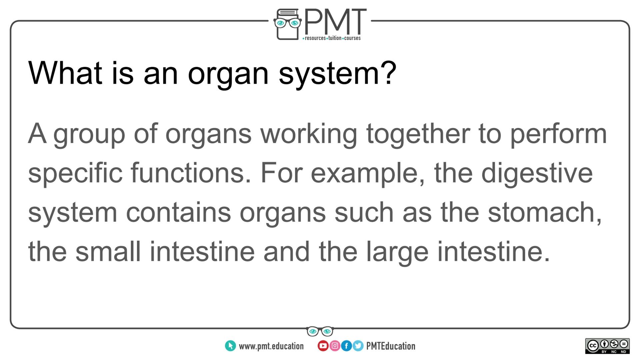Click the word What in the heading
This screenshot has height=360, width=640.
point(65,73)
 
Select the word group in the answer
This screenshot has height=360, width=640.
point(89,134)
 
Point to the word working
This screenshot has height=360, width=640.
point(309,134)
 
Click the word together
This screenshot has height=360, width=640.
point(418,134)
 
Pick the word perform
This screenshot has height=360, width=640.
point(558,134)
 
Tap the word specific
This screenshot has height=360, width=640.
point(75,173)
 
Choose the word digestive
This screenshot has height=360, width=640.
point(537,173)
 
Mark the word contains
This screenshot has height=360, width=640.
point(178,212)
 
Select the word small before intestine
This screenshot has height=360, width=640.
point(108,251)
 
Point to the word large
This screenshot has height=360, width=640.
point(397,252)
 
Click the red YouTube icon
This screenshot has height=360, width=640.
point(323,346)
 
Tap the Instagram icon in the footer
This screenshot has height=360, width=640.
point(335,346)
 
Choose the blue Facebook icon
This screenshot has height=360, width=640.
point(346,346)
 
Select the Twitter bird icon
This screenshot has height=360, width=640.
point(358,346)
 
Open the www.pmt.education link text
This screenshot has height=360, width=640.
point(271,346)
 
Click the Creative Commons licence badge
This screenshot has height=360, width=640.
point(607,346)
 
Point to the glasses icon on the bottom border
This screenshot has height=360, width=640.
point(320,331)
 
